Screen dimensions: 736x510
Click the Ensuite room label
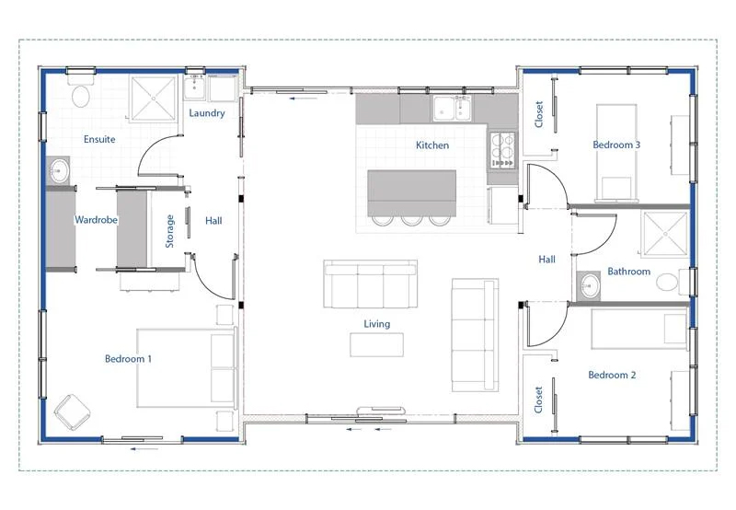tap(99, 139)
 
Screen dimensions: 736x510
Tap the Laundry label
tap(207, 112)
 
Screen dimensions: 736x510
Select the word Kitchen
tap(432, 145)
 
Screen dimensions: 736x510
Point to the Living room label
tap(377, 323)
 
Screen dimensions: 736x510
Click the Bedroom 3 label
tap(616, 145)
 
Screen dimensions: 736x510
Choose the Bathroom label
tap(629, 271)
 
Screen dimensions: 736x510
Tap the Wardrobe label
tap(97, 219)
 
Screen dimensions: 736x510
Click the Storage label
tap(169, 231)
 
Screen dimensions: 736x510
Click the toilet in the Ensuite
tap(81, 91)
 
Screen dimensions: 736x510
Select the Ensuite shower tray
tap(153, 99)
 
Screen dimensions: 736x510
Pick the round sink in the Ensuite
tap(59, 170)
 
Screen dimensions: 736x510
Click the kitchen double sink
tap(452, 108)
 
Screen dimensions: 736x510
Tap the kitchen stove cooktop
tap(502, 150)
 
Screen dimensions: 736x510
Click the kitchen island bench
tap(411, 193)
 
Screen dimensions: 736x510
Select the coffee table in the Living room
tap(376, 344)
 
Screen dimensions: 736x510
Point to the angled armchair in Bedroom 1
tap(73, 411)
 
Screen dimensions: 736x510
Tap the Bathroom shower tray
tap(664, 234)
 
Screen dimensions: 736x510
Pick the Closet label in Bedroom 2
tap(538, 400)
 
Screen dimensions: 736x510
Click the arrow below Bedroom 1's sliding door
tap(144, 449)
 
